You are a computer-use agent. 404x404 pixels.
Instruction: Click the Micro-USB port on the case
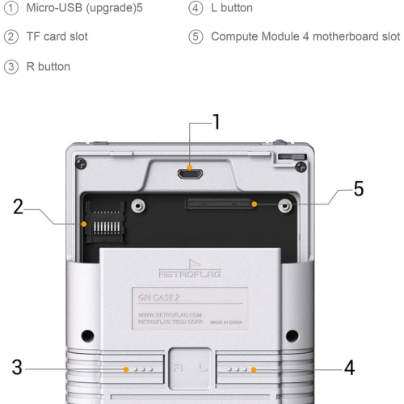point(191,170)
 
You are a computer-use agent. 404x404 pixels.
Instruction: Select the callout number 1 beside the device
point(216,121)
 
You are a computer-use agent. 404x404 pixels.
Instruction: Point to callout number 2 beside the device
point(18,206)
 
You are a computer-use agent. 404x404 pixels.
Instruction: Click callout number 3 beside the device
point(17,368)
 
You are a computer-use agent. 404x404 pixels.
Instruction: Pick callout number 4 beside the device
point(349,368)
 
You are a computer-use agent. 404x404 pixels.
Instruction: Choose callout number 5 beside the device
point(358,189)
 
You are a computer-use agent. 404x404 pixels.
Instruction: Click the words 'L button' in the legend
point(232,8)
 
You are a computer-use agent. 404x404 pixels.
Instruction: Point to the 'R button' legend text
point(48,66)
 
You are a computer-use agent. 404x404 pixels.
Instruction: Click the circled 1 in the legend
point(11,8)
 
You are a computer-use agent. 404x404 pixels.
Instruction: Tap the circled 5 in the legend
point(196,37)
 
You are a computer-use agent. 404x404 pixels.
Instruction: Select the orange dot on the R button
point(125,369)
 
